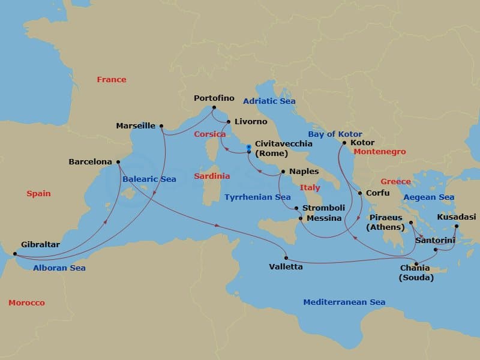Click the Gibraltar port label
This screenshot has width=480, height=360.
pos(40,245)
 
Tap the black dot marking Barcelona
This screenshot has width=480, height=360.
pos(118,161)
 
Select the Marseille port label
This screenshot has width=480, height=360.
pos(136,126)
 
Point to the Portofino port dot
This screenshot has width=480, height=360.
pos(214,108)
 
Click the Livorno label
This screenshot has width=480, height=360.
pos(251,122)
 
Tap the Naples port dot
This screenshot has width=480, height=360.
pos(283,172)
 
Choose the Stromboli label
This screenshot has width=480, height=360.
pos(323,208)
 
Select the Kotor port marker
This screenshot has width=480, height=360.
pos(344,143)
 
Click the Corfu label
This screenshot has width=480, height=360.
pos(377,193)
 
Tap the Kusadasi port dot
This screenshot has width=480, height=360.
pos(456,226)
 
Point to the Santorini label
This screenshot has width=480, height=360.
pos(435,240)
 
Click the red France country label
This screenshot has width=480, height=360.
pos(112,79)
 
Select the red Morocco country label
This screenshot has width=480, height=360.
pos(26,303)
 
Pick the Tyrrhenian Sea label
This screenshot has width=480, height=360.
pos(257,197)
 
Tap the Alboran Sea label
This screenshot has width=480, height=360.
pos(59,268)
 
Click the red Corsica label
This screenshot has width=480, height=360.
pos(209,134)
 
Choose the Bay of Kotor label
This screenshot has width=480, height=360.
pos(335,134)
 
